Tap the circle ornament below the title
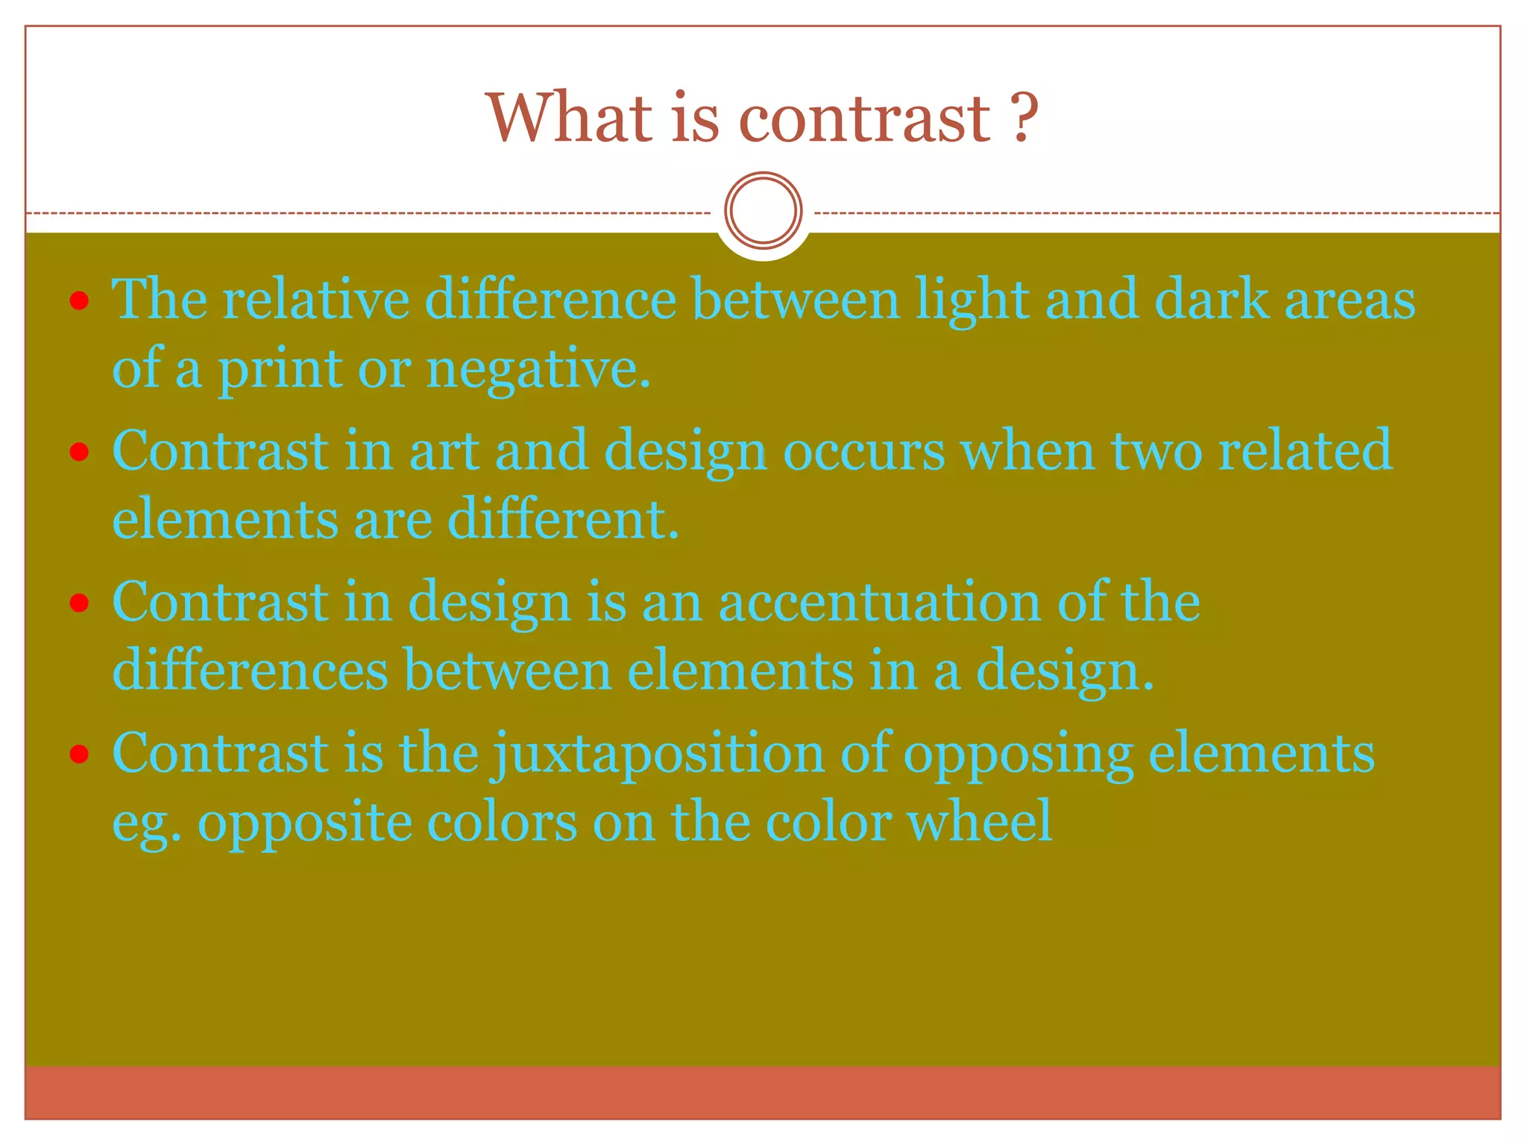point(763,210)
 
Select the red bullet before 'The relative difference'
point(79,301)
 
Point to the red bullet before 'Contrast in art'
point(79,452)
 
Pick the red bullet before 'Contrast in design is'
point(79,602)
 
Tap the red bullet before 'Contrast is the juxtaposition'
point(79,754)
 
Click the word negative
point(538,370)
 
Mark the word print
point(280,370)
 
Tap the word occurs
point(863,452)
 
